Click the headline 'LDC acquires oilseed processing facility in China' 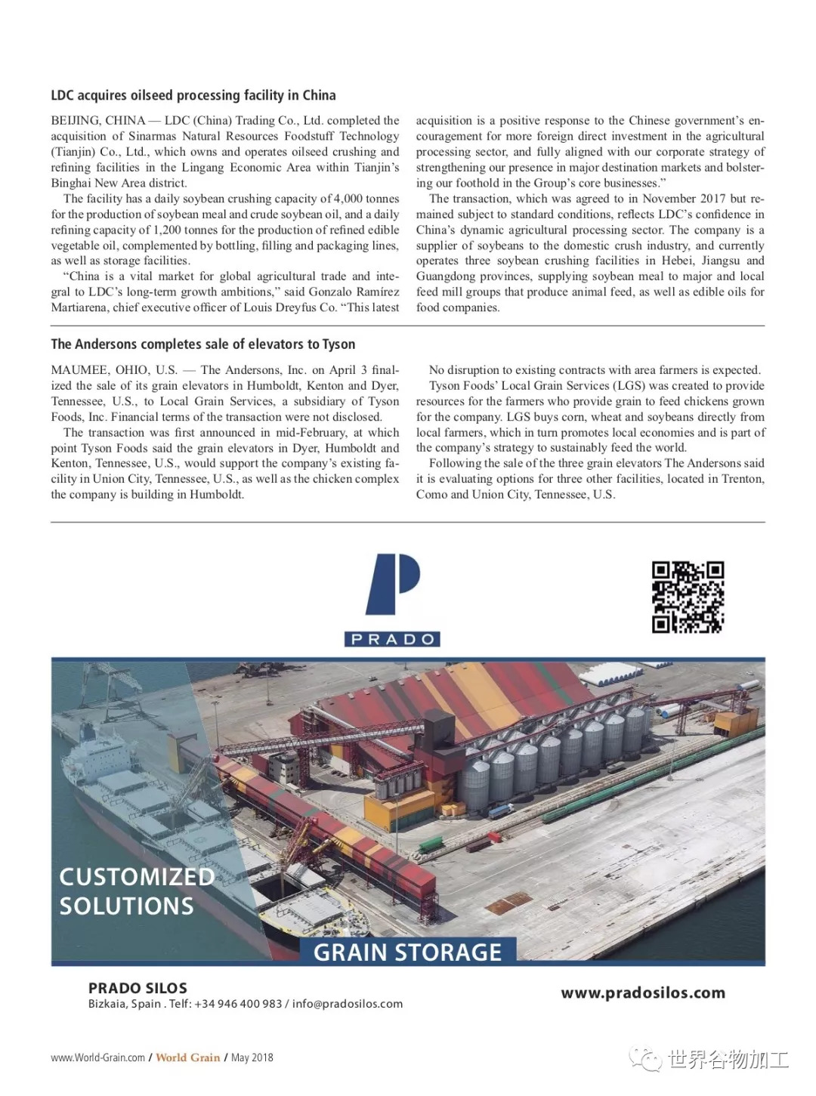click(x=193, y=95)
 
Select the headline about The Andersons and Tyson click(x=202, y=344)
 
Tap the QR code click(x=688, y=597)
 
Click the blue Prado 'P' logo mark click(x=393, y=585)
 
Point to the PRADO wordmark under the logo click(x=393, y=639)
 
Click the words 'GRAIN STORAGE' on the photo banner click(x=407, y=952)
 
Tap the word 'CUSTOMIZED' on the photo click(x=137, y=877)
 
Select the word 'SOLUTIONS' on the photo click(x=126, y=906)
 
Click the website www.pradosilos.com click(x=642, y=993)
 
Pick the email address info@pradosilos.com click(x=348, y=1004)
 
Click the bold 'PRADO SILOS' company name click(x=138, y=988)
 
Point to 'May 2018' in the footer click(x=252, y=1057)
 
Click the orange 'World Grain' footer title click(x=188, y=1057)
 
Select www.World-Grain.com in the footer click(x=97, y=1057)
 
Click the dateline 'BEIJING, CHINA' click(x=98, y=121)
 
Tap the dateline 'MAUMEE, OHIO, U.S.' click(x=114, y=370)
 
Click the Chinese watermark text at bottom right click(x=728, y=1059)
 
